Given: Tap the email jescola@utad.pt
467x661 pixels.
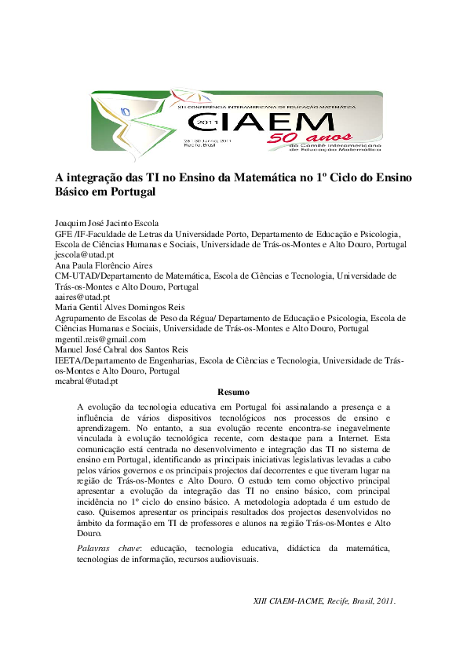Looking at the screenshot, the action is [x=84, y=255].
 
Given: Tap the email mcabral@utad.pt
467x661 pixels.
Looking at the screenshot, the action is [x=86, y=381].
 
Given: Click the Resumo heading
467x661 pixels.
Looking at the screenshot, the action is [x=233, y=392].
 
